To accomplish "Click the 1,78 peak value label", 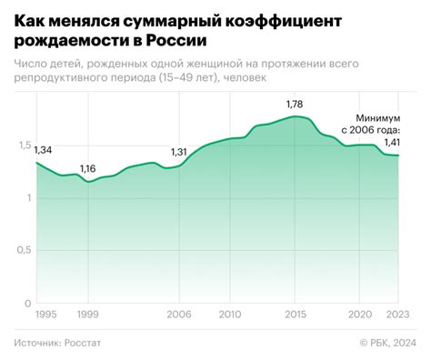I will coord(296,105).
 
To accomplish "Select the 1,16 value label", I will coord(88,169).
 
